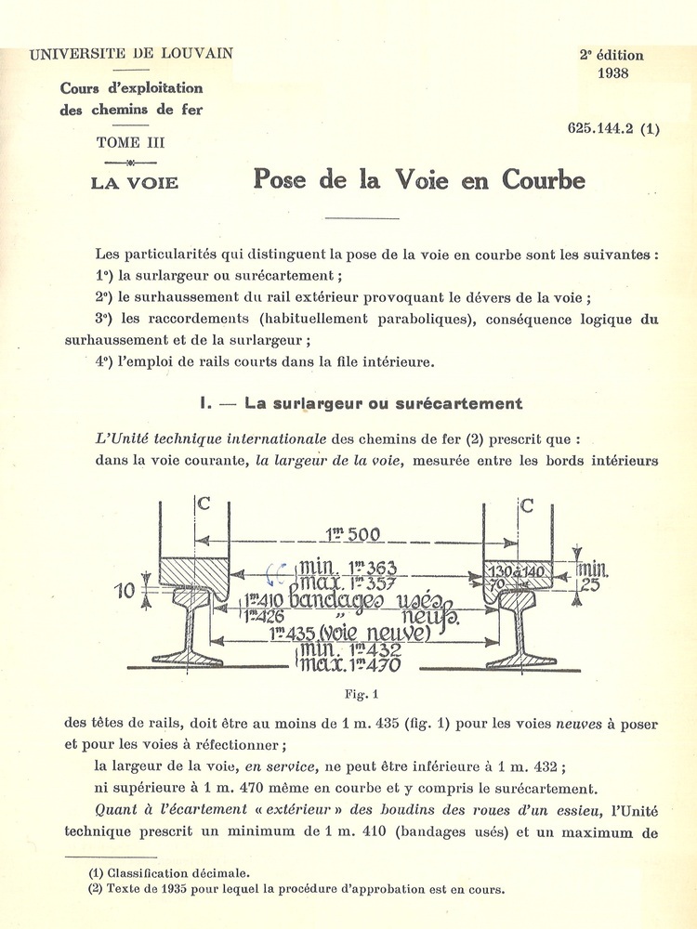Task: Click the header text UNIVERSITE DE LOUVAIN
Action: pyautogui.click(x=131, y=54)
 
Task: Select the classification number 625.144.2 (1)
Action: pyautogui.click(x=613, y=129)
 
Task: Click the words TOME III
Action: pyautogui.click(x=131, y=143)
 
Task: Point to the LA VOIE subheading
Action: pyautogui.click(x=134, y=182)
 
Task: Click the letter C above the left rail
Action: pyautogui.click(x=204, y=505)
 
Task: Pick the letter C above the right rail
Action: pyautogui.click(x=527, y=505)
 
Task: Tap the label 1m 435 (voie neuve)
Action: pyautogui.click(x=349, y=634)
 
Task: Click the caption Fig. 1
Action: pyautogui.click(x=358, y=693)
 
